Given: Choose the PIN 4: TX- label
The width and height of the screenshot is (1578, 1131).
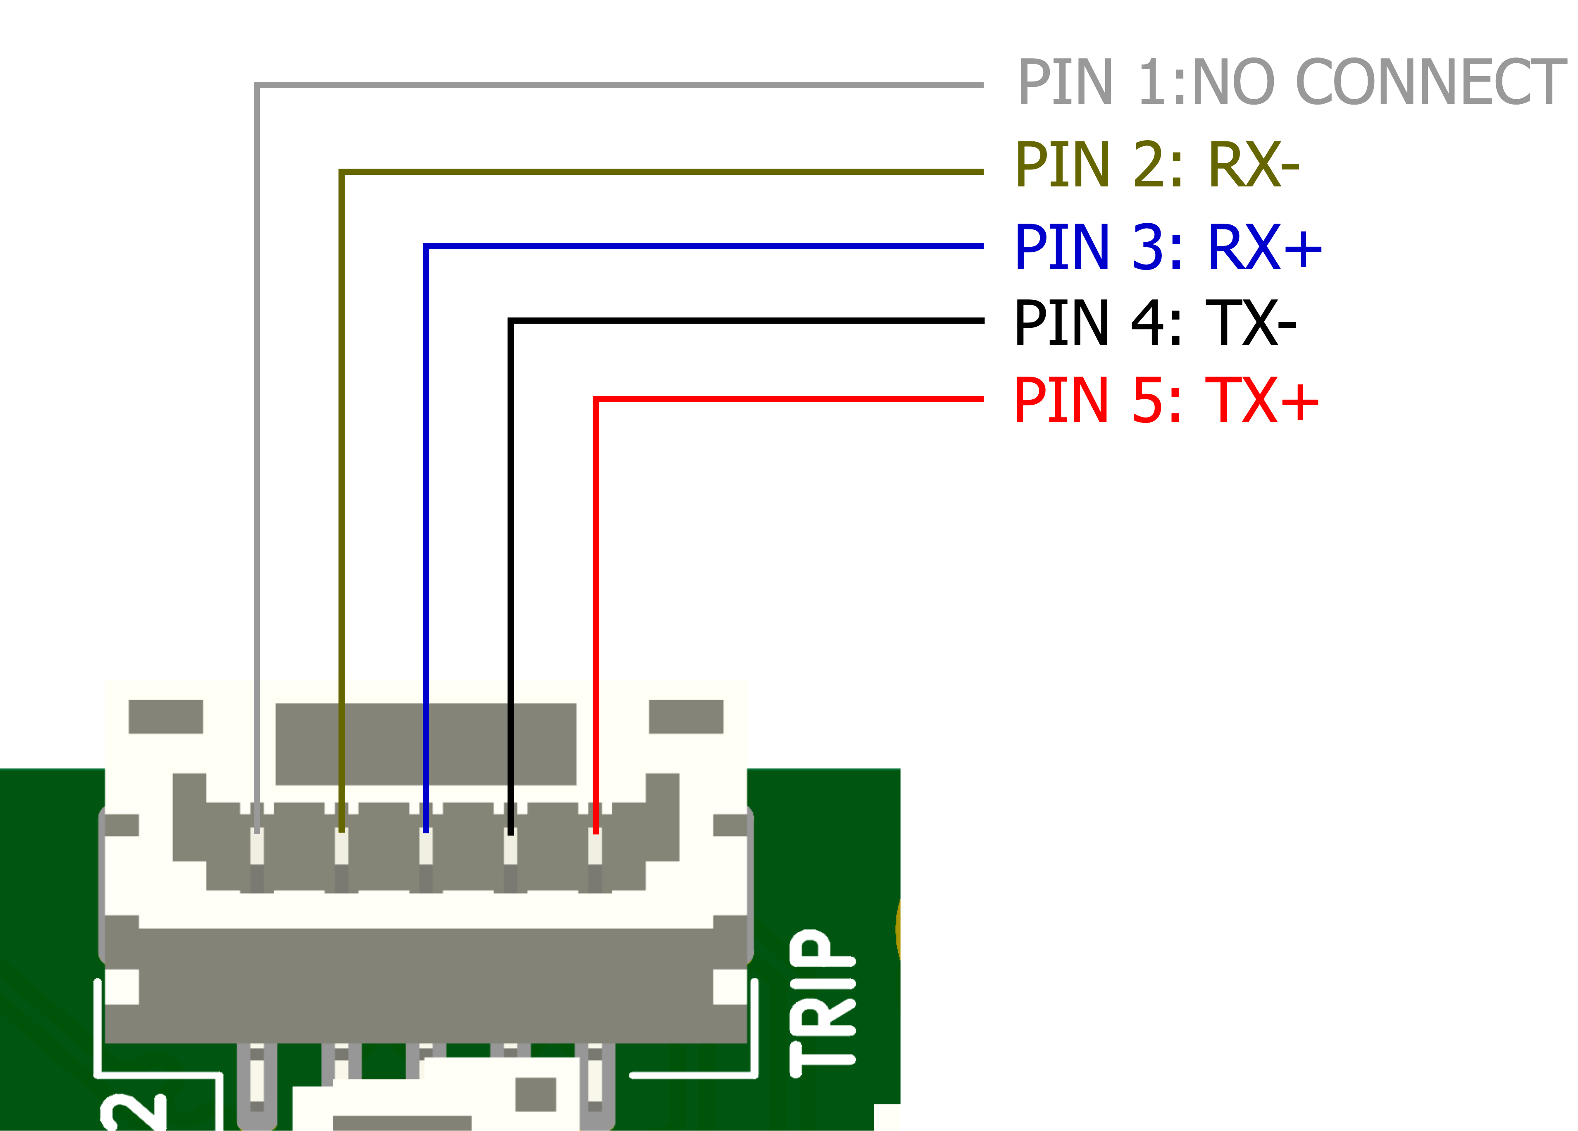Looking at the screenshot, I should pos(1155,322).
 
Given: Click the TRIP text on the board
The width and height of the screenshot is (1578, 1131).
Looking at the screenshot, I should pos(823,1002).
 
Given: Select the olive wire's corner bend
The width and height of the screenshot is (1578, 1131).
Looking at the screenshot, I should pos(342,171).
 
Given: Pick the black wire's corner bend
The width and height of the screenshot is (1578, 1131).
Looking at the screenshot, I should pos(511,321).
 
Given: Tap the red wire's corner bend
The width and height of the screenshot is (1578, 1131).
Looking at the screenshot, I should pos(596,399).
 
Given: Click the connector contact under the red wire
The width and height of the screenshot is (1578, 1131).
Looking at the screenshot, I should pos(595,848).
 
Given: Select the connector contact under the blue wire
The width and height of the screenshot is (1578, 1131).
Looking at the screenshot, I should pos(426,848).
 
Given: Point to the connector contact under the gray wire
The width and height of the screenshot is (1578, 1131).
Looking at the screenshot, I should pos(257,848).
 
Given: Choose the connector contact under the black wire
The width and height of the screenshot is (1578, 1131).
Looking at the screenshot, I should pos(511,848).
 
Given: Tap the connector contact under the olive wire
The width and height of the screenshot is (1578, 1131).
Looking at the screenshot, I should pos(342,848).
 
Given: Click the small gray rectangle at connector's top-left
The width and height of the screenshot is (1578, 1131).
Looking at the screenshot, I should pos(166,716).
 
